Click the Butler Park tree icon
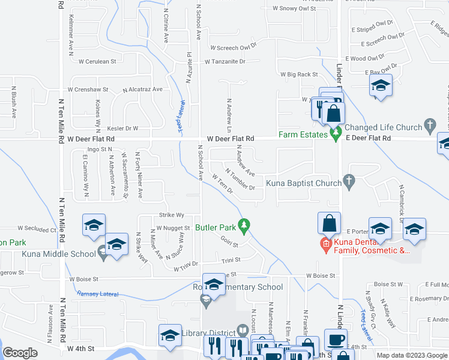(x=244, y=226)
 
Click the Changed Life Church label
(x=384, y=127)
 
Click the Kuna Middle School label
(x=59, y=254)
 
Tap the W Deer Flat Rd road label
(x=231, y=139)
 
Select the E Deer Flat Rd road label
(x=367, y=139)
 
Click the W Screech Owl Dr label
(x=233, y=46)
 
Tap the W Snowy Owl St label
(x=294, y=8)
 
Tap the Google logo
(x=20, y=353)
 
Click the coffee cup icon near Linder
(x=336, y=339)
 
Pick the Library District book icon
(x=243, y=330)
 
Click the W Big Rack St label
(x=299, y=74)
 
